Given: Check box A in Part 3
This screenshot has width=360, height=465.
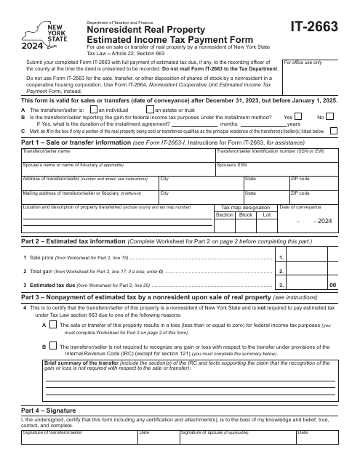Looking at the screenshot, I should click(54, 346).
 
